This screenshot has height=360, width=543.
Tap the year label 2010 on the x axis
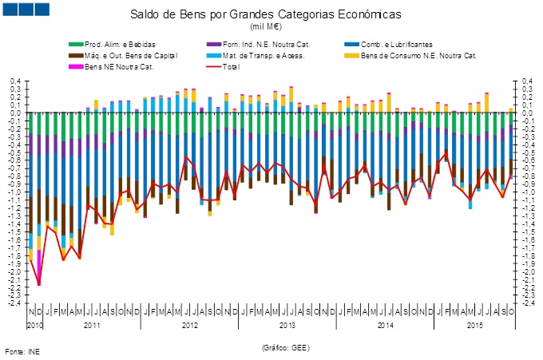click(34, 326)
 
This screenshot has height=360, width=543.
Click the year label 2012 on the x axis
click(190, 326)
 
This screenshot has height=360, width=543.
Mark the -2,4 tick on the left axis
click(14, 303)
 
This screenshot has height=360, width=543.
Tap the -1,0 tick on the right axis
click(529, 192)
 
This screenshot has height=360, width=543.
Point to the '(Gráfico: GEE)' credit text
click(285, 348)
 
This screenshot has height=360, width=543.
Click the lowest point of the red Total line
click(39, 284)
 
